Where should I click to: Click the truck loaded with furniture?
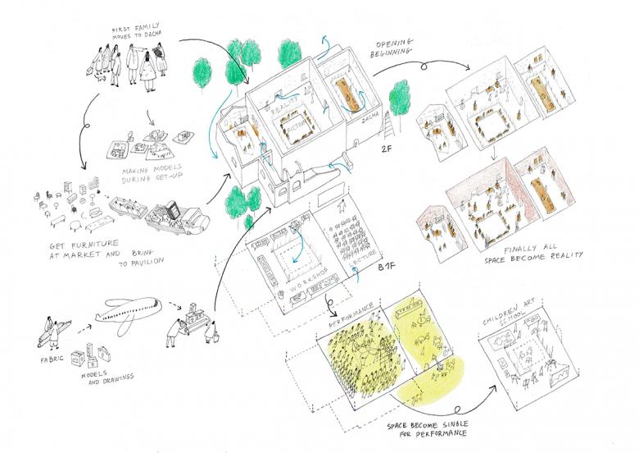(174, 216)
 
